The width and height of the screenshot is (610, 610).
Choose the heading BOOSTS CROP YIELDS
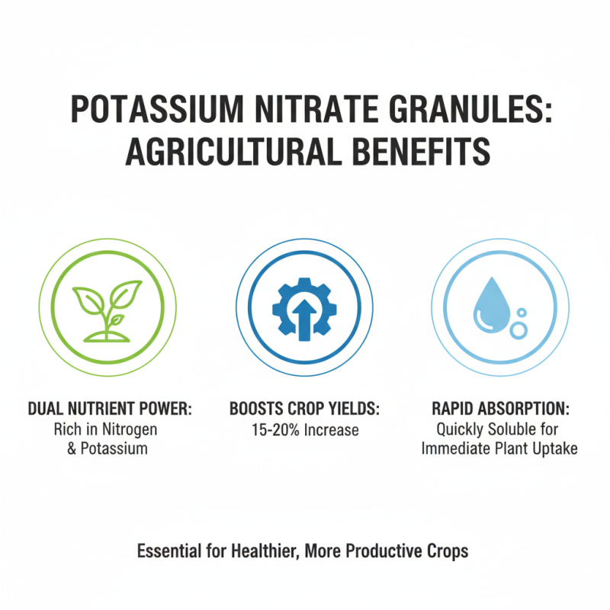pos(304,409)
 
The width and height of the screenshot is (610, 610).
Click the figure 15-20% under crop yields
pos(274,429)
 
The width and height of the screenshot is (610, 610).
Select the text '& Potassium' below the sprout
pos(108,448)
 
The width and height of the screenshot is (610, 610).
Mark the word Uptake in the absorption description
pos(555,448)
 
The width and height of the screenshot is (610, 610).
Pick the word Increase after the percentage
pos(331,429)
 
